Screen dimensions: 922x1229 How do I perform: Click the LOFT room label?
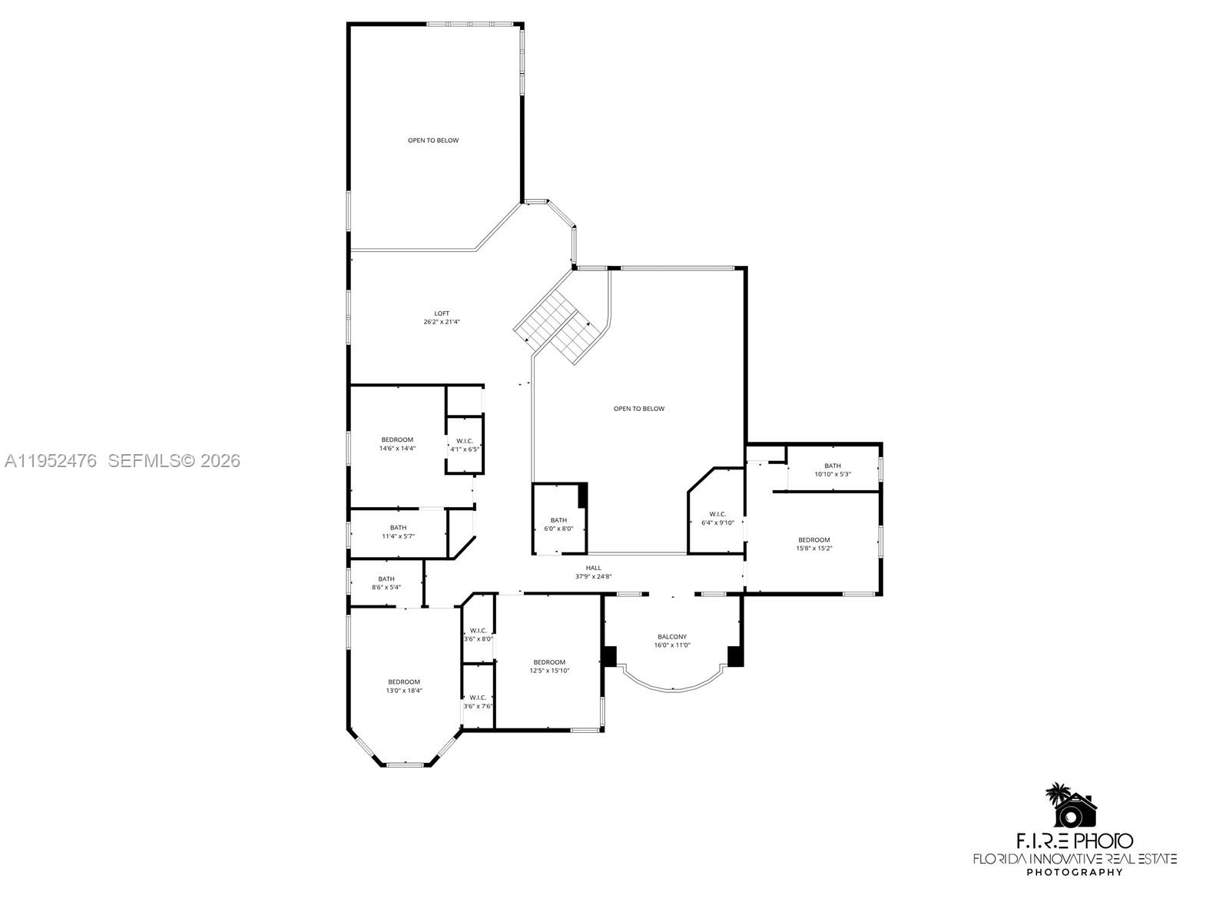(442, 313)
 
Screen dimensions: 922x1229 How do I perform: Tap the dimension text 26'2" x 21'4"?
(442, 323)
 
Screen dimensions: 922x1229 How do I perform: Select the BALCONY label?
(672, 637)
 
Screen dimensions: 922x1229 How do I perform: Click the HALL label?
(594, 568)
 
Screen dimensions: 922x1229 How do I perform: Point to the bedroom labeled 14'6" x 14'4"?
(397, 444)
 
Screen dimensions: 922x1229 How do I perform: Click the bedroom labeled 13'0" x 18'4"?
(404, 686)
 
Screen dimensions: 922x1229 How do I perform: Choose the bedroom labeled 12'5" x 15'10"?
(549, 666)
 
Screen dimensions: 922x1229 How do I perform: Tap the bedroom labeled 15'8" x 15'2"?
(814, 544)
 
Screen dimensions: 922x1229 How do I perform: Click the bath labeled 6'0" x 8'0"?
(558, 524)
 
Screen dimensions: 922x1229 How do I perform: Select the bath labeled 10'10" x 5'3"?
(833, 469)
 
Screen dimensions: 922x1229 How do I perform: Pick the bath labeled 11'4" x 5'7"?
(398, 532)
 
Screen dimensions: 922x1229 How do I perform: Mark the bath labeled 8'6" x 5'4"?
(386, 583)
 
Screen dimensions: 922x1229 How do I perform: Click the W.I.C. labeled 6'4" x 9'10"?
(717, 518)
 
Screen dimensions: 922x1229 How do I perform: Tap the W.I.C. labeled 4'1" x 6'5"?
(465, 445)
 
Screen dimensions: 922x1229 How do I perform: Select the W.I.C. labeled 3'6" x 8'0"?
(478, 635)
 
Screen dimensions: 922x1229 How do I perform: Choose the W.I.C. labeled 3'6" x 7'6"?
(478, 701)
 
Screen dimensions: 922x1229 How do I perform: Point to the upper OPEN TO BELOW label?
(433, 141)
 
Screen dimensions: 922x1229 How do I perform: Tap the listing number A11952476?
(51, 461)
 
